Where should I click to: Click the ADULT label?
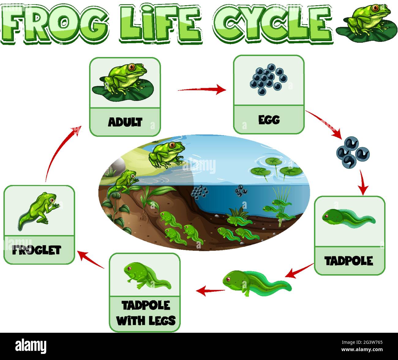(125, 122)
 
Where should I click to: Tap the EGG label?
(269, 120)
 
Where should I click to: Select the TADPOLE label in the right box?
(349, 261)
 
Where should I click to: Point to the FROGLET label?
(37, 250)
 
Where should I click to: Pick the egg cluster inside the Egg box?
(268, 79)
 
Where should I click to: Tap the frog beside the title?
(369, 19)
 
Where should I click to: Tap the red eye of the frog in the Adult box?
(132, 66)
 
